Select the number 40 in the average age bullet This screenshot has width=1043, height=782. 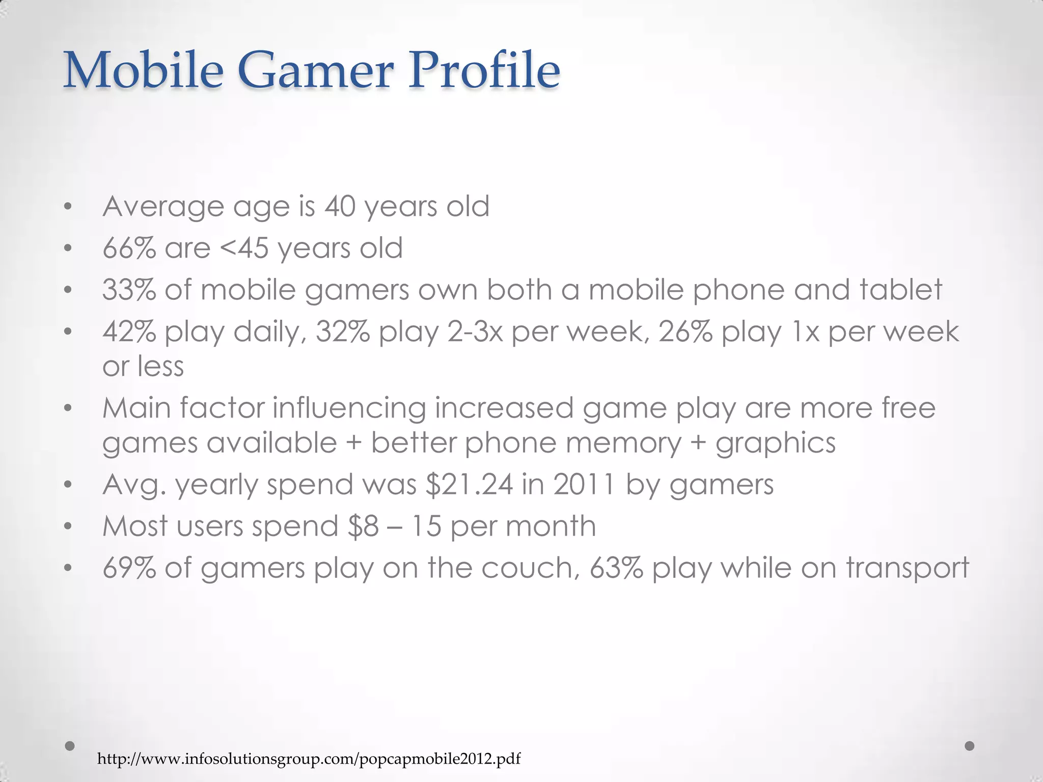pos(340,207)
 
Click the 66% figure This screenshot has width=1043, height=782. pos(129,248)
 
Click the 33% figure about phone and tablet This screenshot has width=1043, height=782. pos(129,290)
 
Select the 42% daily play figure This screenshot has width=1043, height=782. pos(129,332)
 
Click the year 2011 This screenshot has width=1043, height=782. pos(584,485)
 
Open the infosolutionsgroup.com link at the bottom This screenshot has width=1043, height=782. pos(309,759)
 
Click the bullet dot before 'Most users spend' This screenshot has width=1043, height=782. pos(68,527)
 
